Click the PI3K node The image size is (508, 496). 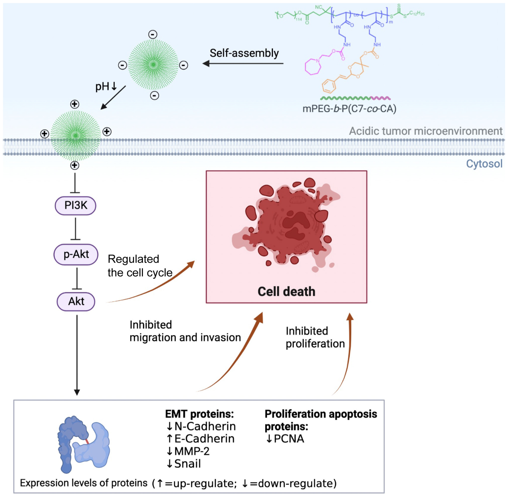(x=76, y=206)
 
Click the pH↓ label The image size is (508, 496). (x=106, y=86)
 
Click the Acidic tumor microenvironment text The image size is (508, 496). (x=426, y=131)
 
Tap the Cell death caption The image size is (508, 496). (x=286, y=292)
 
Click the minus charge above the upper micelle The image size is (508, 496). (x=153, y=34)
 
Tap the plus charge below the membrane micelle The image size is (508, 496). (x=75, y=165)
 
